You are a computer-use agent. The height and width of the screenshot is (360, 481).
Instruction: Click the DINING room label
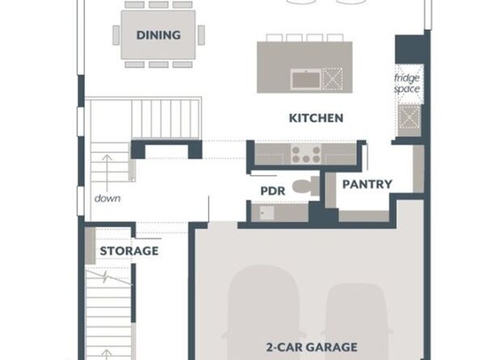pyautogui.click(x=158, y=35)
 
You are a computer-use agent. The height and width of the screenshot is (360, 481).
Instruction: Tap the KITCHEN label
pyautogui.click(x=316, y=118)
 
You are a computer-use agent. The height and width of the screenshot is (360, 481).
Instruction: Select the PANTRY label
pyautogui.click(x=367, y=184)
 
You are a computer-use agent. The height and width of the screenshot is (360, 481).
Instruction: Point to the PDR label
pyautogui.click(x=273, y=191)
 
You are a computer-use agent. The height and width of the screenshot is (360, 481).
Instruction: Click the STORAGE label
pyautogui.click(x=129, y=251)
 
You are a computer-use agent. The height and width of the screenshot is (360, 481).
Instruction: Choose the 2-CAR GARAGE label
pyautogui.click(x=312, y=347)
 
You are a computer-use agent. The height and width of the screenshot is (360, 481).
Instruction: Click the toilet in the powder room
pyautogui.click(x=305, y=186)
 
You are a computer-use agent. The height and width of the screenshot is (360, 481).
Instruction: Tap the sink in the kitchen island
pyautogui.click(x=306, y=78)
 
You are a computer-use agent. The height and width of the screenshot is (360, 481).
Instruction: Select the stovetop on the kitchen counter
pyautogui.click(x=306, y=154)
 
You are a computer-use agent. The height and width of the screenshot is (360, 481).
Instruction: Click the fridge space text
pyautogui.click(x=407, y=83)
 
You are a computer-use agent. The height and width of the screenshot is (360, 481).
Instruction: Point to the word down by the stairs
pyautogui.click(x=108, y=198)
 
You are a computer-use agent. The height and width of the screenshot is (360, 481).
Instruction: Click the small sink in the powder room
pyautogui.click(x=266, y=213)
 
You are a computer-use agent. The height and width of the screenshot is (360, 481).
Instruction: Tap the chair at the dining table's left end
pyautogui.click(x=116, y=35)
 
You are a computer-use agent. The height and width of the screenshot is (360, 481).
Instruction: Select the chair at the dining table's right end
pyautogui.click(x=202, y=35)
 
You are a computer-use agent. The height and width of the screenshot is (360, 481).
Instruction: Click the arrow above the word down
pyautogui.click(x=107, y=173)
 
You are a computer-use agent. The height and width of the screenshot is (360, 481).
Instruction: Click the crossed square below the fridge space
pyautogui.click(x=409, y=116)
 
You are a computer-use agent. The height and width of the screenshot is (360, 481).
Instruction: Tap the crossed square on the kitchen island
pyautogui.click(x=332, y=78)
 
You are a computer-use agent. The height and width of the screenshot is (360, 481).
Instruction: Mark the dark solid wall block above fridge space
pyautogui.click(x=410, y=49)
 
